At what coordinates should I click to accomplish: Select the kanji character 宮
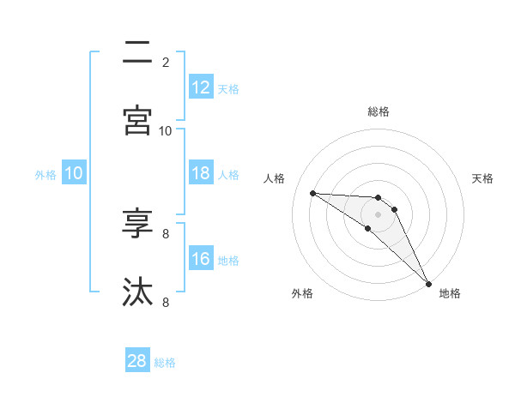tap(137, 119)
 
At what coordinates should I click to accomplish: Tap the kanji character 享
tap(137, 225)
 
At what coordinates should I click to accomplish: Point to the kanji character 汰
tap(137, 292)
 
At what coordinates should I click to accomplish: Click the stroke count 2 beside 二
tap(166, 63)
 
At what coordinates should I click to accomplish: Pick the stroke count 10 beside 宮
tap(166, 130)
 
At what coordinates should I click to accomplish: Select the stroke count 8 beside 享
tap(166, 233)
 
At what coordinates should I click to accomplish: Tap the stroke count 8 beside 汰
tap(166, 302)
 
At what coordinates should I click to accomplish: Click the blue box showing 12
tap(201, 87)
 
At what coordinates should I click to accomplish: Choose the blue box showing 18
tap(201, 173)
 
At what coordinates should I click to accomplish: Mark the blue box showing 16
tap(201, 259)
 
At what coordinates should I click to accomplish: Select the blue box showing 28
tap(137, 361)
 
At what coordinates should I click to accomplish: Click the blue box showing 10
tap(74, 173)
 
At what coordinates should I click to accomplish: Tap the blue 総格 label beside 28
tap(166, 363)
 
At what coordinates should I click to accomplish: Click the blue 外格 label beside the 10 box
tap(45, 175)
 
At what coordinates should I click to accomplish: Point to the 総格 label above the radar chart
tap(379, 111)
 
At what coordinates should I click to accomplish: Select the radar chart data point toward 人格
tap(312, 193)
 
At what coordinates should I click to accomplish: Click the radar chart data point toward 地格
tap(428, 283)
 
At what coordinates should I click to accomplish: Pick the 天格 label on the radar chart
tap(483, 178)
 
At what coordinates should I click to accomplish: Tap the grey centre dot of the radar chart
tap(379, 214)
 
